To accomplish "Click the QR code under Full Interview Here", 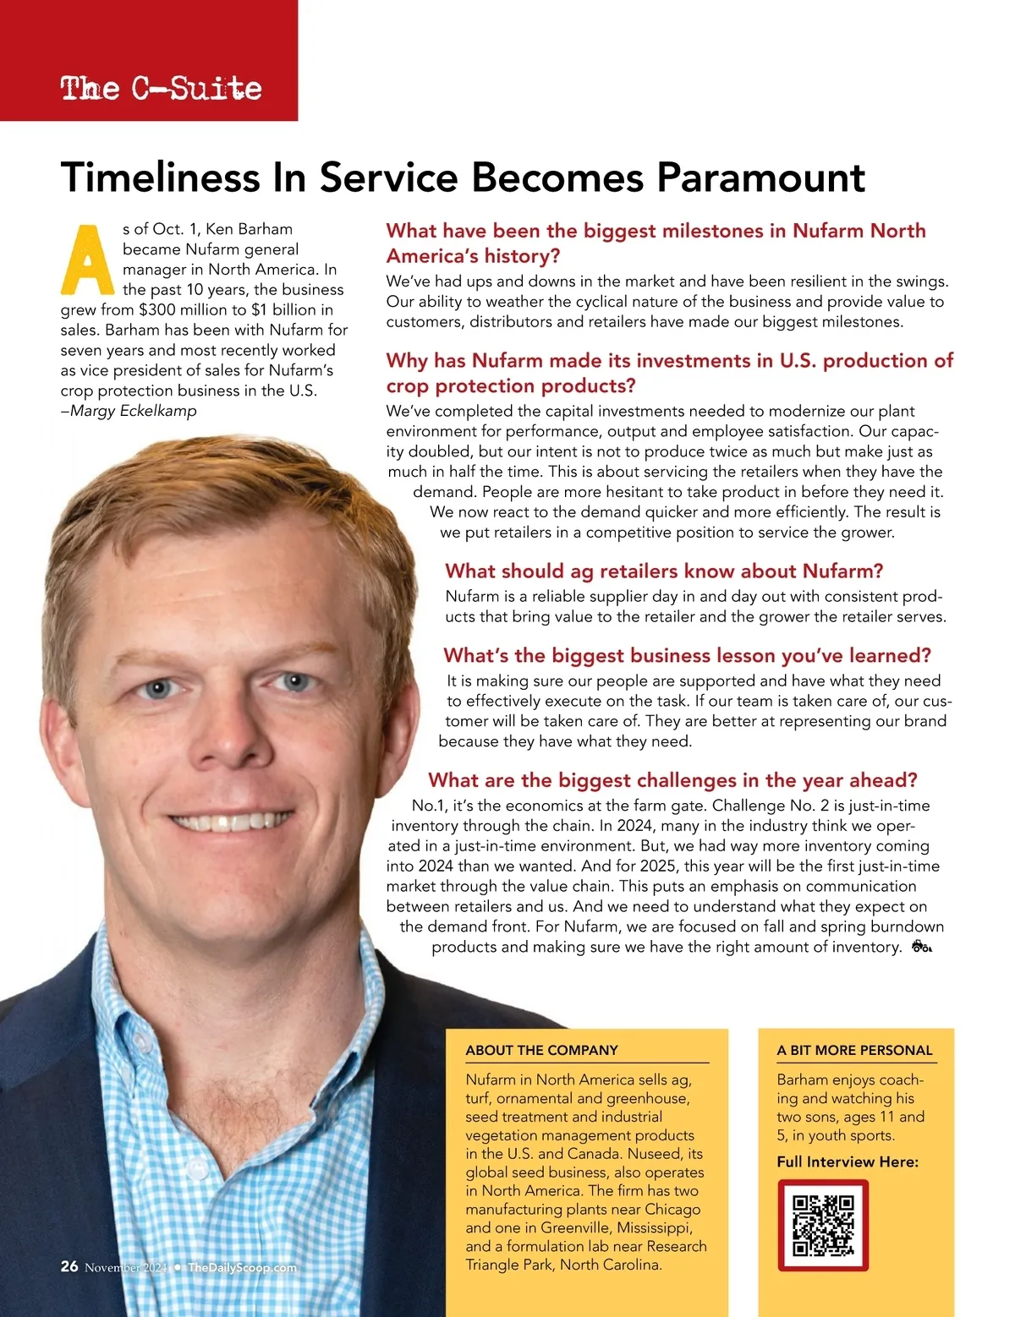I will [823, 1225].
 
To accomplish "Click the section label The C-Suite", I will [161, 88].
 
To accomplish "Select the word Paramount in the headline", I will [761, 178].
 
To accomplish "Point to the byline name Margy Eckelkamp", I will [134, 411].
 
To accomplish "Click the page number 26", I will [69, 1266].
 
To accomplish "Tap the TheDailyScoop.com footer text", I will [242, 1267].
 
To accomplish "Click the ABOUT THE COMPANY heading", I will [541, 1050].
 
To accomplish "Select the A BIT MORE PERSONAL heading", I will [854, 1050].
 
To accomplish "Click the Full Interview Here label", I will [848, 1161].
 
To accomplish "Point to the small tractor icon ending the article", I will [921, 947].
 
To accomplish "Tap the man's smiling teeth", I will [230, 821].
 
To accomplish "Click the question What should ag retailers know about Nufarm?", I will [663, 571].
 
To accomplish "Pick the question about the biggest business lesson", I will [687, 656].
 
